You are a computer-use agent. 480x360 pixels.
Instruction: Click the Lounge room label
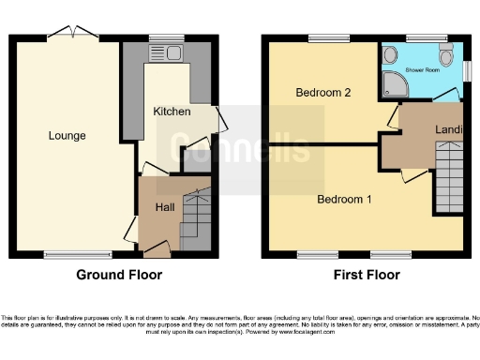click(67, 136)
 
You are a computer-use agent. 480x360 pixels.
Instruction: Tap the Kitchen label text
click(172, 112)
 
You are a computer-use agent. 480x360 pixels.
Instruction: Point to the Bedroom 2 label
click(322, 93)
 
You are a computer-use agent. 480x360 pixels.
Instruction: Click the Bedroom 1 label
click(344, 200)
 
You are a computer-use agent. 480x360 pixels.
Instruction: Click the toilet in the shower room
click(446, 46)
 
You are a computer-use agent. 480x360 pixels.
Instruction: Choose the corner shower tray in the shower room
click(393, 87)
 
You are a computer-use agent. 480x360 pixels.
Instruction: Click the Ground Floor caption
click(119, 276)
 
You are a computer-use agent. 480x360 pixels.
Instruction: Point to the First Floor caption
click(367, 276)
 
